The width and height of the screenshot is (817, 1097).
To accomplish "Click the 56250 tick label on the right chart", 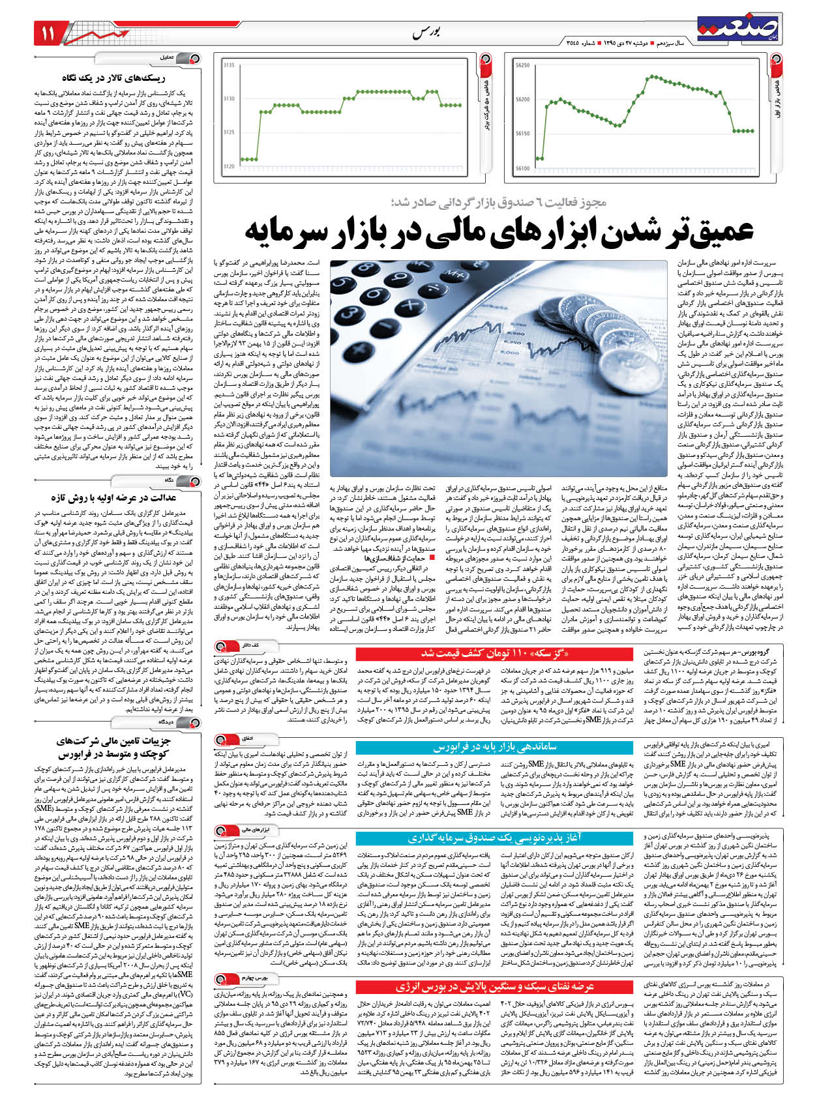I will pyautogui.click(x=522, y=65).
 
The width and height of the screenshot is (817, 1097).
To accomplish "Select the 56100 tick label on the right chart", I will pyautogui.click(x=522, y=168).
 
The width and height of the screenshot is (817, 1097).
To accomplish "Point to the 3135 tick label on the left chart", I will pyautogui.click(x=228, y=65).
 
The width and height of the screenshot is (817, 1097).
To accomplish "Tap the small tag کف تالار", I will pyautogui.click(x=251, y=645).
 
